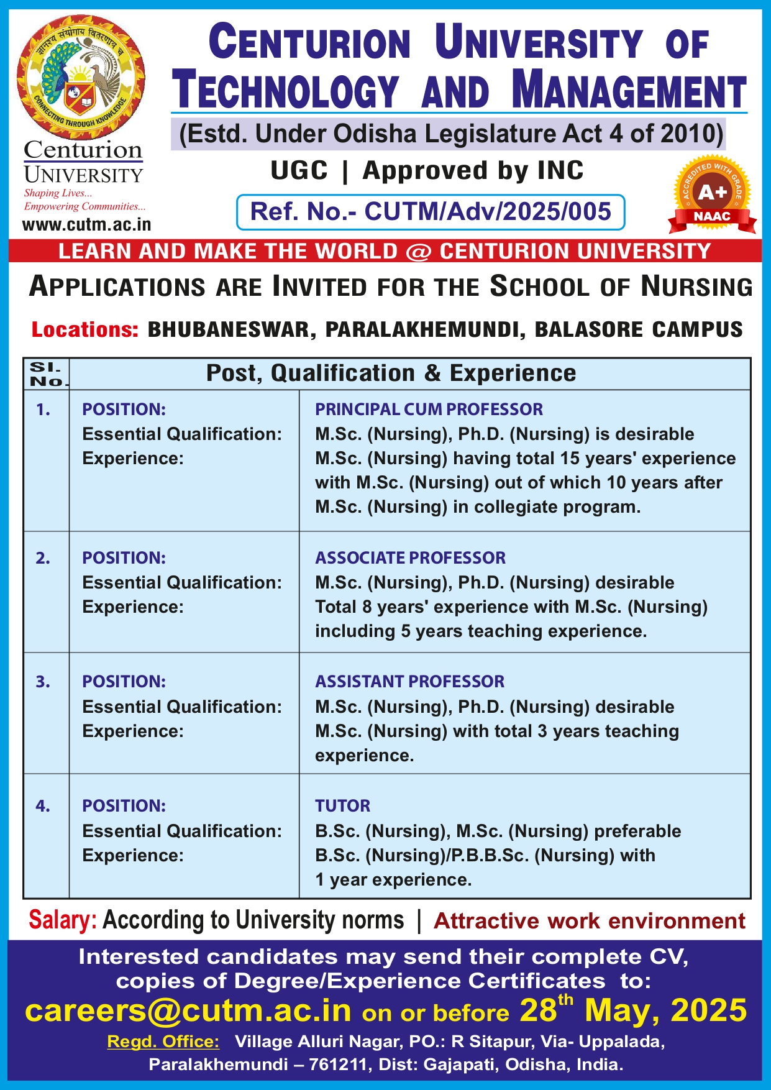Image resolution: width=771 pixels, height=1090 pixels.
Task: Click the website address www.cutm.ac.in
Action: pos(86,224)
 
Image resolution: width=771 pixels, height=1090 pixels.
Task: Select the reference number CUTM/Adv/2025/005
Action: pos(488,212)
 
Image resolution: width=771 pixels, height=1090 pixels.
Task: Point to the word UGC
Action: pos(299,170)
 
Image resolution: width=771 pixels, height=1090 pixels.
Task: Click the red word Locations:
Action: pos(85,329)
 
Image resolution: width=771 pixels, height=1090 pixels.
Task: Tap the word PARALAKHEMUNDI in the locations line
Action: pos(422,329)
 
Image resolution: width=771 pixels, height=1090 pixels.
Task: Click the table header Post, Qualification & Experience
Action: pos(391,373)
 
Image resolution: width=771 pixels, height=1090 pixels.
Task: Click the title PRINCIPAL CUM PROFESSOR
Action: pos(429,409)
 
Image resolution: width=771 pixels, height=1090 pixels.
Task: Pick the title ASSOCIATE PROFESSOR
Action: pos(410,557)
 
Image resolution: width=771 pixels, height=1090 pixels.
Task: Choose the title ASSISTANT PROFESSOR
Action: pos(409,681)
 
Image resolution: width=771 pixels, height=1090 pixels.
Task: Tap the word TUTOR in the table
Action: pos(342,805)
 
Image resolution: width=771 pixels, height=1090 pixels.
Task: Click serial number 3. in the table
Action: pos(43,682)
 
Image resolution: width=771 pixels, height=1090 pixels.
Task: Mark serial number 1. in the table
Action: pos(43,410)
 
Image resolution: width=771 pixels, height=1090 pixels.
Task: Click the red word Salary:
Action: pos(63,920)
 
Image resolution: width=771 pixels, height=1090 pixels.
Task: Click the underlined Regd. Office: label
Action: pos(163,1042)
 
